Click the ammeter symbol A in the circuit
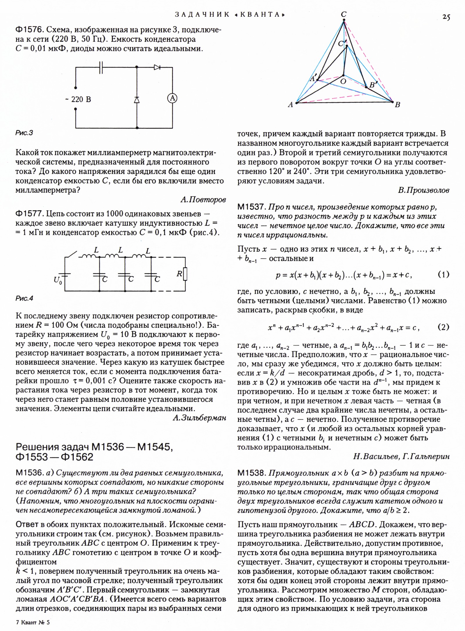pos(172,98)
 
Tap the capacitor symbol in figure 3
pos(101,67)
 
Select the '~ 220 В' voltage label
pos(78,100)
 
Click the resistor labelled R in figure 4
pos(185,274)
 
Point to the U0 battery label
pos(58,280)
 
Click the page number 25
pos(446,17)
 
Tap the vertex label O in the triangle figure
pos(343,82)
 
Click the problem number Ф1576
pos(29,30)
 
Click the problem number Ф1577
pos(29,214)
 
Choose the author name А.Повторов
pos(203,200)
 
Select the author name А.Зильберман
pos(199,418)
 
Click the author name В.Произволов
pos(423,190)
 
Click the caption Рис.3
pos(24,133)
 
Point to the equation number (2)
pos(443,327)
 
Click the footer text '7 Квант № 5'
pos(33,622)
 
